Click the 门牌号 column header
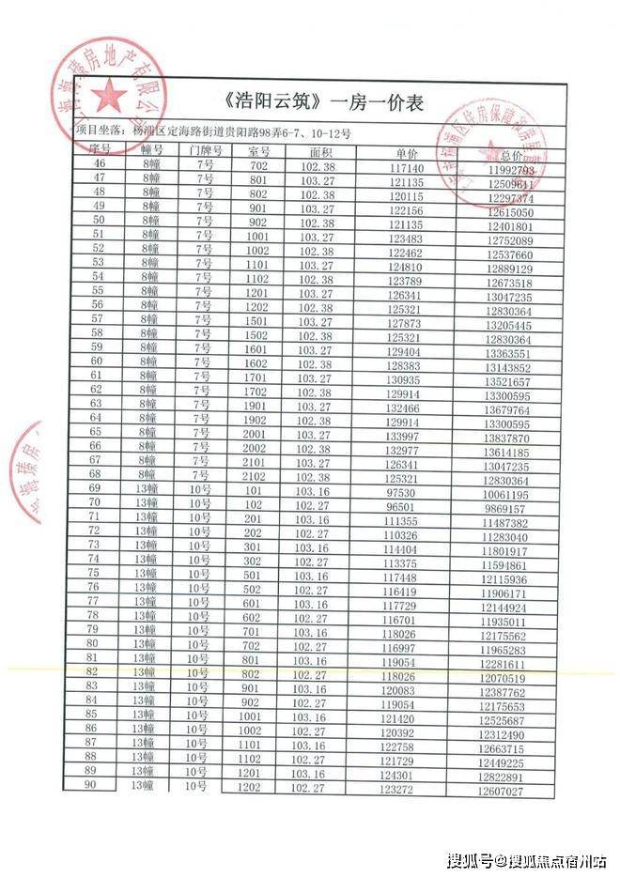tap(204, 150)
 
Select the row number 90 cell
tap(92, 786)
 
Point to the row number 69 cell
tap(95, 488)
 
